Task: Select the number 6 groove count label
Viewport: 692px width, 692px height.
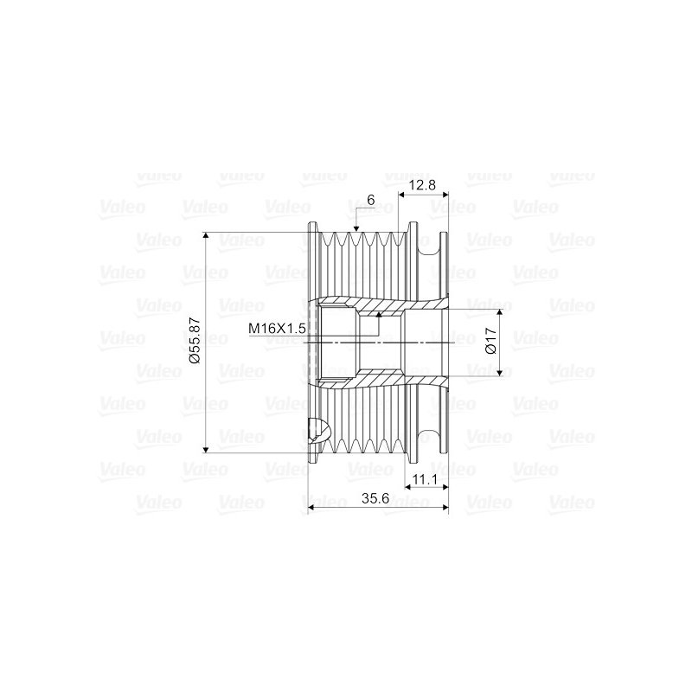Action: coord(370,200)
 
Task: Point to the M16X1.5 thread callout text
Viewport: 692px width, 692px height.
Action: coord(278,328)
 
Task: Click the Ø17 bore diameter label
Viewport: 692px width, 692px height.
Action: coord(489,342)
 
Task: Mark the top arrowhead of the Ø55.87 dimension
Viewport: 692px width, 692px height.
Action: coord(205,236)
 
